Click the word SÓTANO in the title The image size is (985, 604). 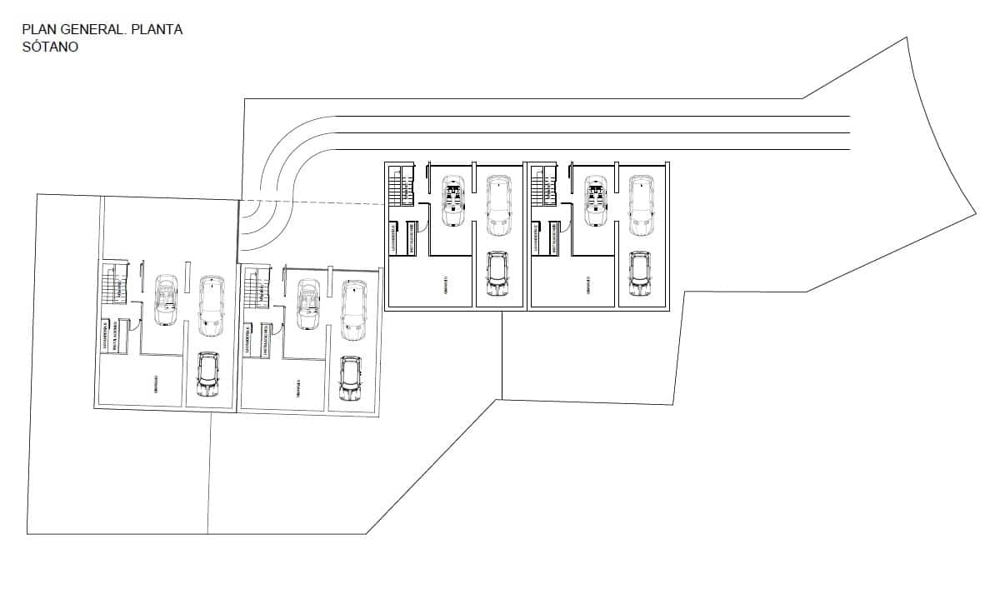(x=51, y=47)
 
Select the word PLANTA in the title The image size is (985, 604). (x=157, y=30)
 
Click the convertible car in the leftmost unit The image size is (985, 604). (x=166, y=300)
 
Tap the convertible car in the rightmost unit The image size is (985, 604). (x=595, y=200)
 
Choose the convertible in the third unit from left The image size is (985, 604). (x=453, y=200)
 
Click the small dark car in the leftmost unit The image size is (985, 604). (x=207, y=374)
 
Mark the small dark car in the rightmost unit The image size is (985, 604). (x=640, y=274)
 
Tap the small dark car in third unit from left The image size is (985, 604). (x=497, y=274)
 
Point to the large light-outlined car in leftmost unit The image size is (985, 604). (x=212, y=305)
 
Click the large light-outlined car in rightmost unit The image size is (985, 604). (x=640, y=205)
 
